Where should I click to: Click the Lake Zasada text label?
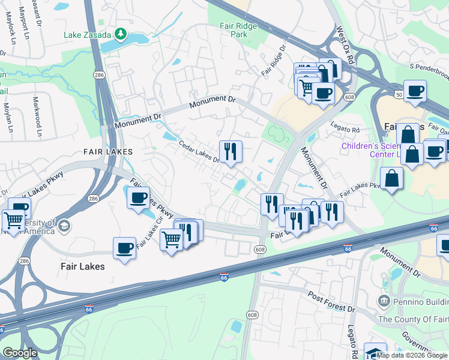[89, 34]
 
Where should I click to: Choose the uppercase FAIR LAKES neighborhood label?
[110, 152]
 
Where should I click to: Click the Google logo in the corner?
[20, 353]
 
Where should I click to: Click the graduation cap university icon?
[64, 226]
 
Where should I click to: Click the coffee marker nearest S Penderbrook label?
[415, 91]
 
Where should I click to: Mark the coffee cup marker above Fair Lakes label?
[125, 247]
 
